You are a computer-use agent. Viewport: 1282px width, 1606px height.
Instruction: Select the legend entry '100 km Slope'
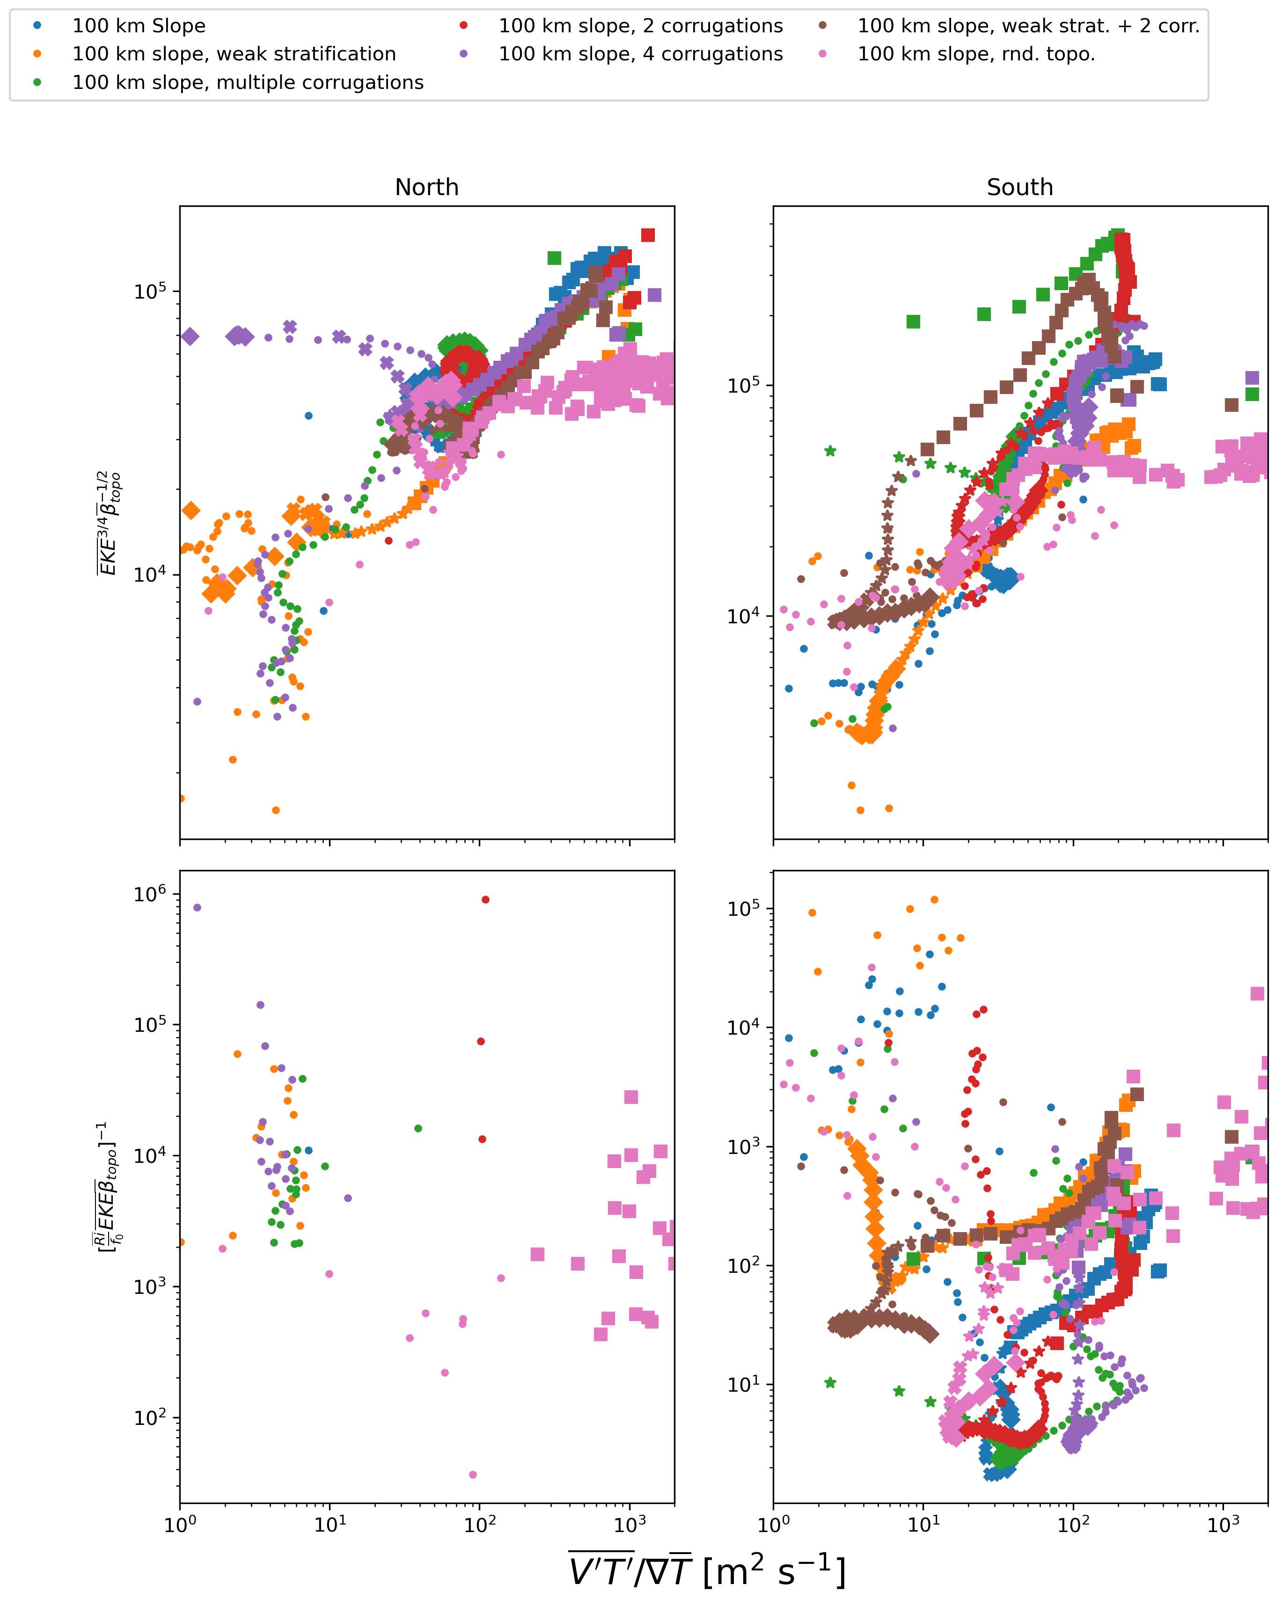pyautogui.click(x=139, y=26)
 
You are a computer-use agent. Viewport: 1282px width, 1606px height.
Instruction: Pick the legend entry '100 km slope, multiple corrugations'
pyautogui.click(x=247, y=83)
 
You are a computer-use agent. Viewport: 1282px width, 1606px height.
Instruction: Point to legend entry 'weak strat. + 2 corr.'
pyautogui.click(x=1028, y=26)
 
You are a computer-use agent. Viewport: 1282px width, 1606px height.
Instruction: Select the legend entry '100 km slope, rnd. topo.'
pyautogui.click(x=976, y=54)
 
